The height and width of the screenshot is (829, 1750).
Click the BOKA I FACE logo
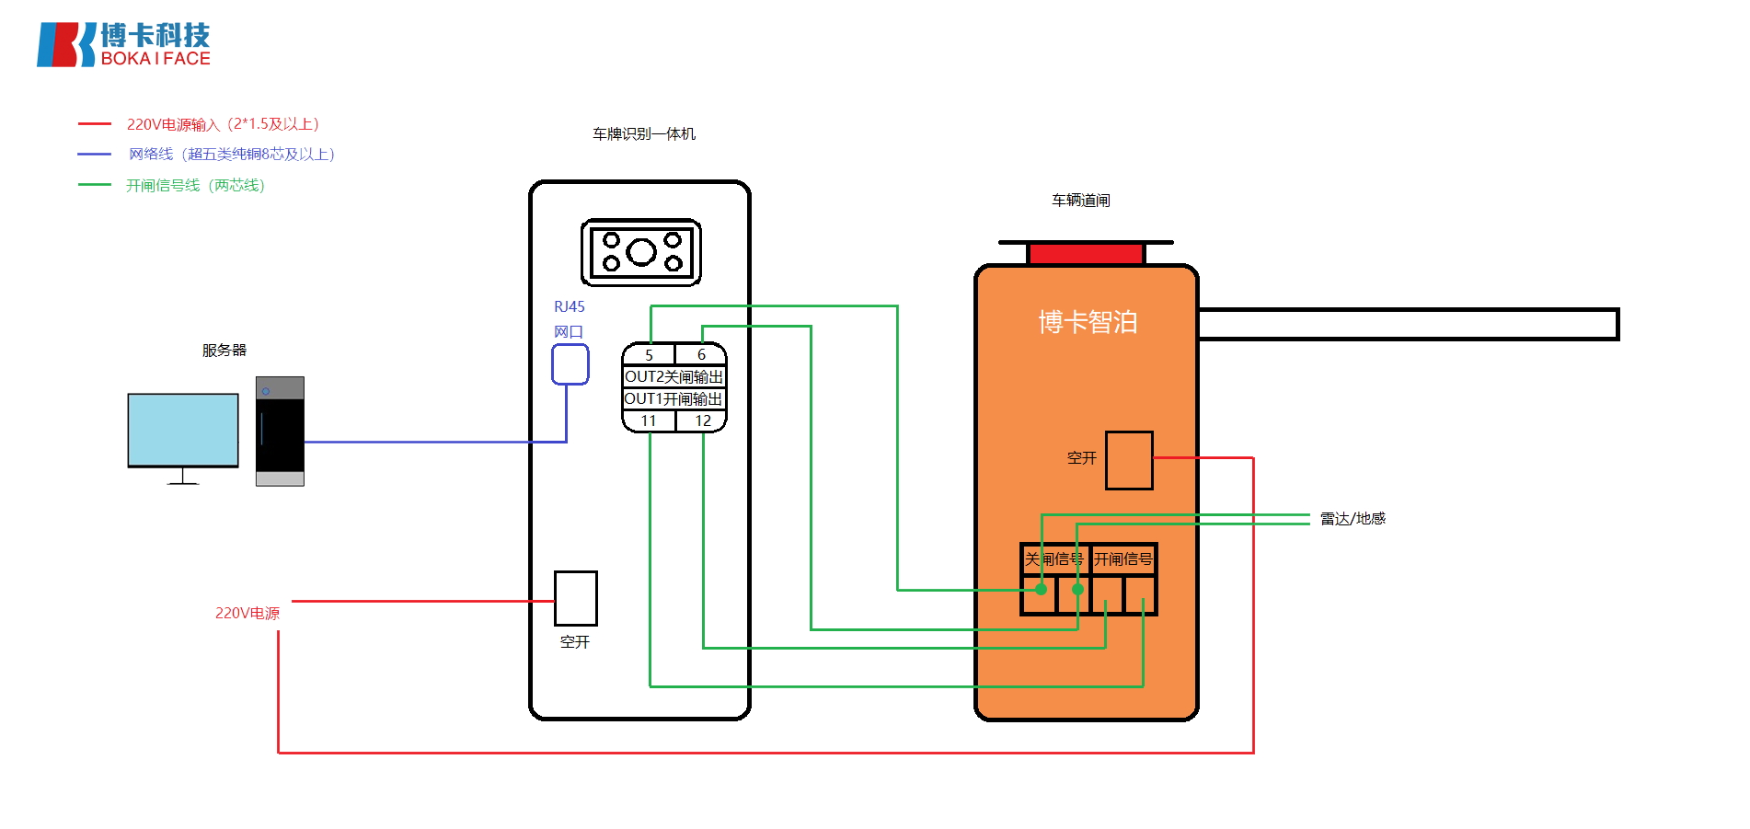click(123, 44)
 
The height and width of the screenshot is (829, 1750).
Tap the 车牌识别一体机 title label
click(644, 134)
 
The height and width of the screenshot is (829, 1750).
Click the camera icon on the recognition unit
click(641, 252)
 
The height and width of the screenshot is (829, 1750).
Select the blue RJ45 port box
click(570, 364)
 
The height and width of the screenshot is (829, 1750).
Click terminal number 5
click(649, 355)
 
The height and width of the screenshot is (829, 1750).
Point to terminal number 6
click(701, 355)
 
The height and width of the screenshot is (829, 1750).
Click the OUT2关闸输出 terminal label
click(674, 377)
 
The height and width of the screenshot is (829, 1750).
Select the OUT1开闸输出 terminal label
click(674, 399)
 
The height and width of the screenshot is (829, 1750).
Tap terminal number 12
click(702, 421)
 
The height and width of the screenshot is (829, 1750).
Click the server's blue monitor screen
click(183, 430)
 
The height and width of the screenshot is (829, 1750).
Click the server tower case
click(280, 431)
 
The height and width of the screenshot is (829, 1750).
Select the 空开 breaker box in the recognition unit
click(576, 598)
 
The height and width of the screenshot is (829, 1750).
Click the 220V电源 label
click(247, 614)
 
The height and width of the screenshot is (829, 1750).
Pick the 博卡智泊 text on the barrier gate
click(1088, 322)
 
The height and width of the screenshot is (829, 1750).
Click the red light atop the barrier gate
click(1086, 254)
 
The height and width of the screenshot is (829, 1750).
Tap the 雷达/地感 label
click(1353, 519)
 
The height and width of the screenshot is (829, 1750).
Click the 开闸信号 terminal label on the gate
click(1123, 559)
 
